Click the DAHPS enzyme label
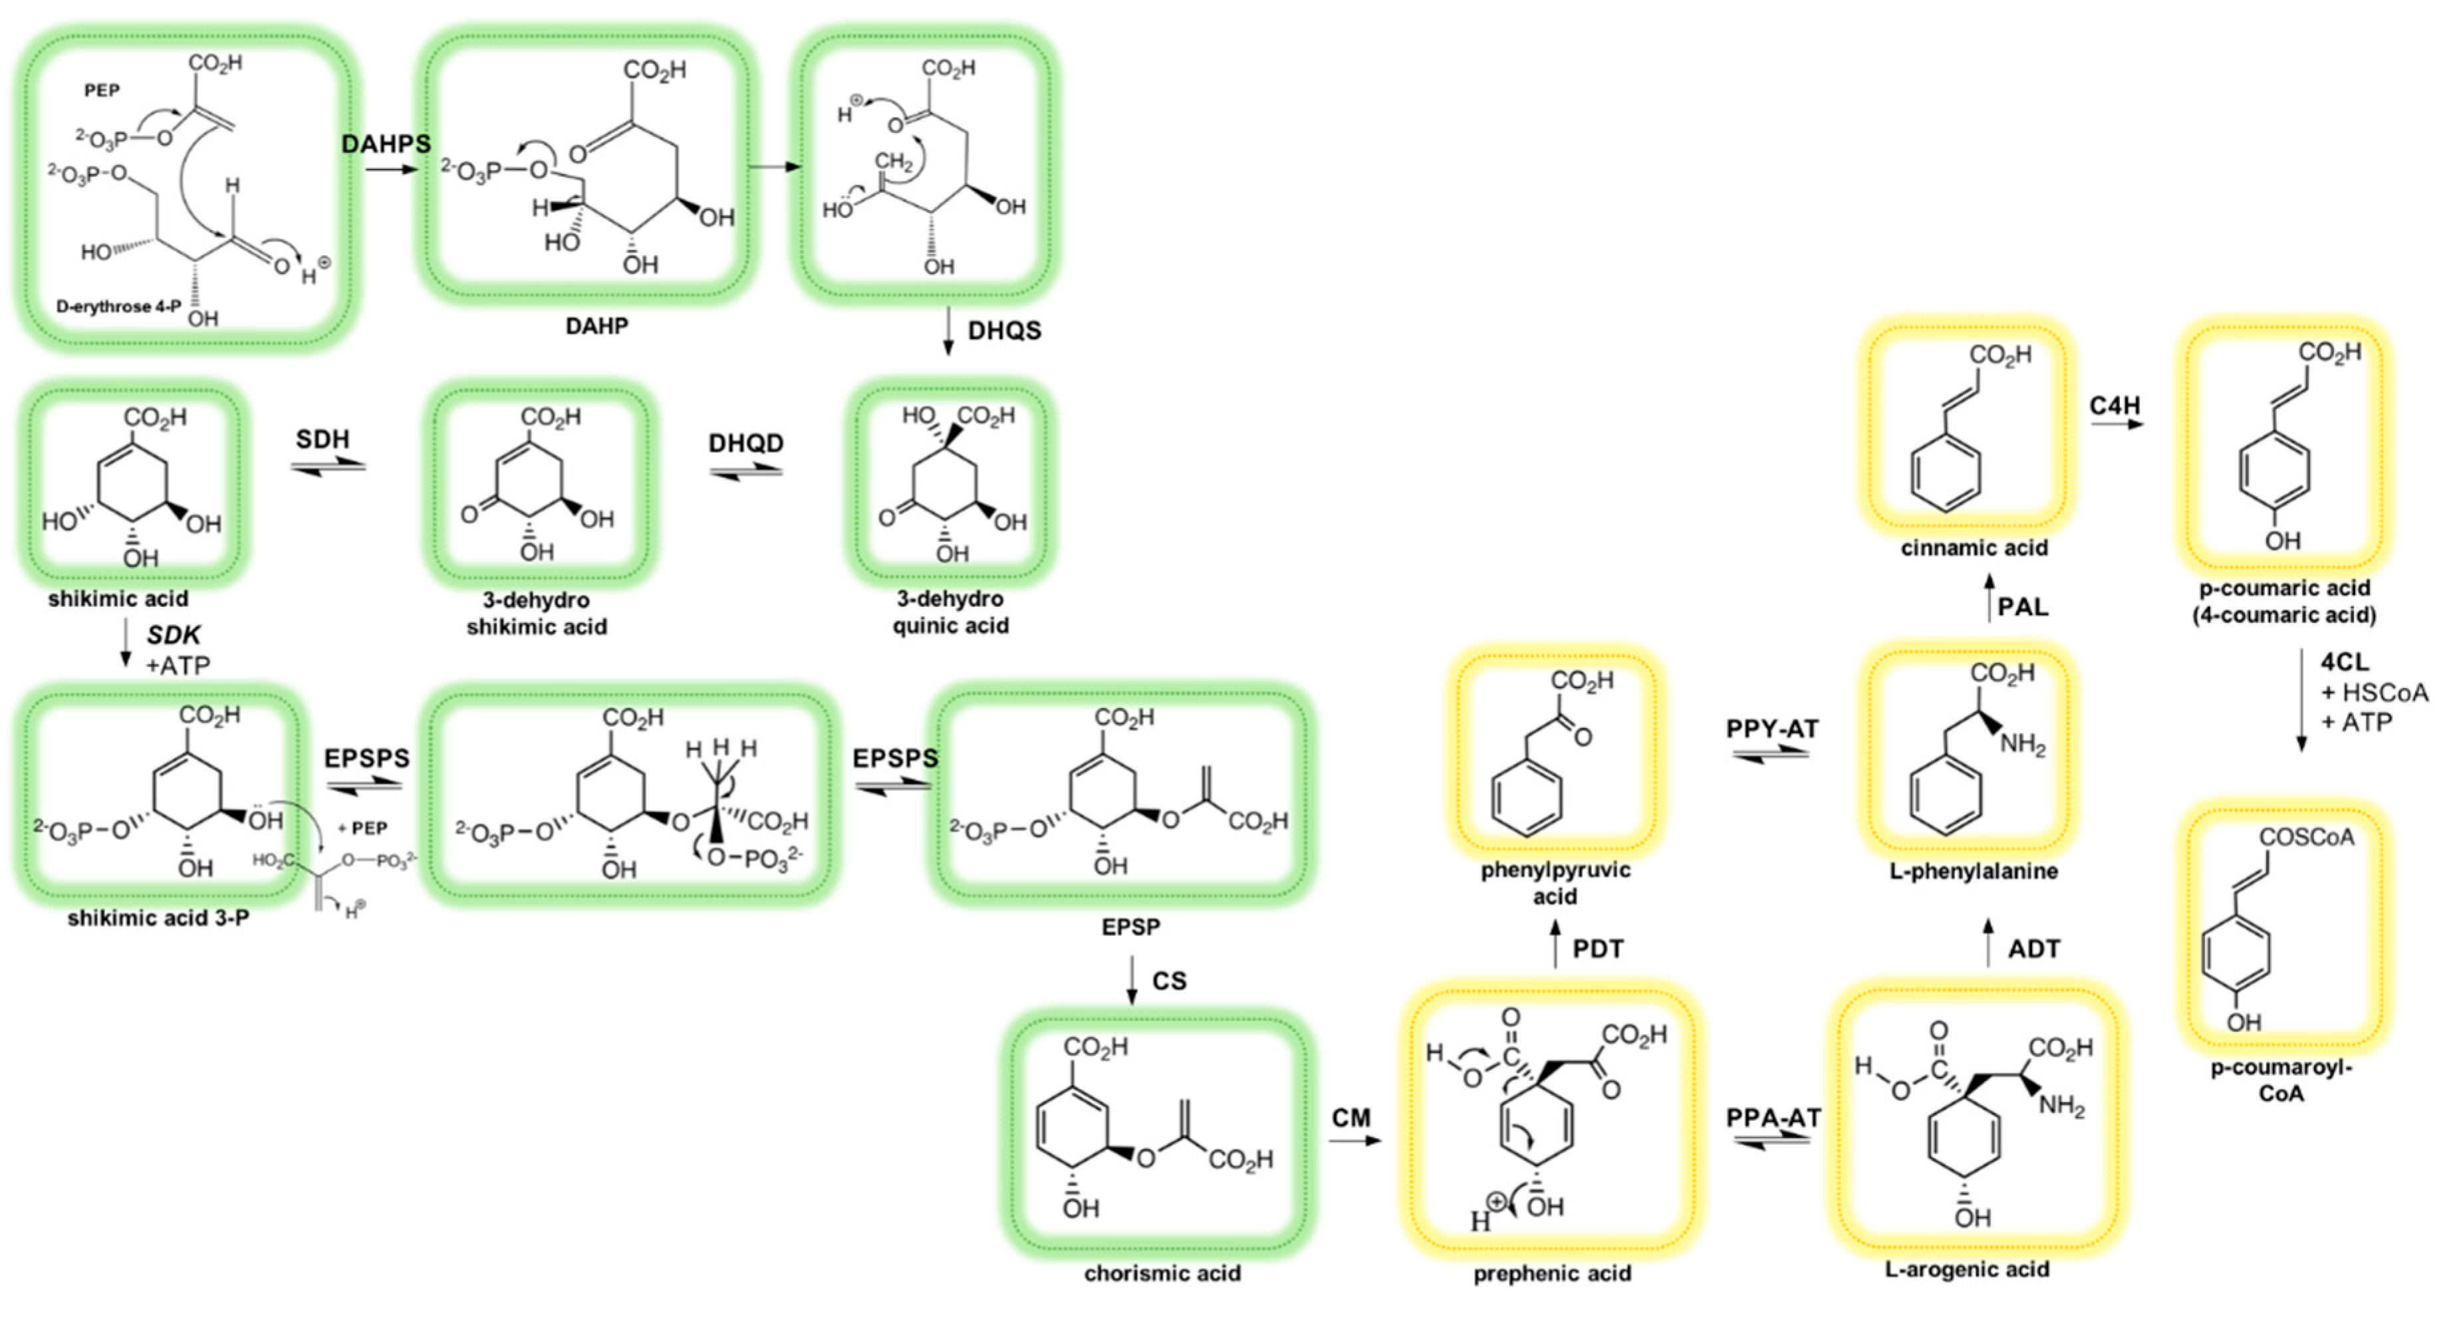[386, 144]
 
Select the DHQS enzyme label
[1004, 330]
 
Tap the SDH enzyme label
[322, 439]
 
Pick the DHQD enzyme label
[746, 443]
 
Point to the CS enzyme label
[1170, 981]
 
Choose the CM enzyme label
[1351, 1118]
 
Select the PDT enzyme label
[1597, 949]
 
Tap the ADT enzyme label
[2033, 949]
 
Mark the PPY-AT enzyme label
[1772, 729]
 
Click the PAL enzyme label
[2022, 606]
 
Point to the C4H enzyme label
[2115, 406]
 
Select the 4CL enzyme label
[2345, 661]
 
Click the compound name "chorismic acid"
[1162, 1273]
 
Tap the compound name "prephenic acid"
[1551, 1273]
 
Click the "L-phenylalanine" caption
[1974, 870]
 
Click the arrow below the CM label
[1354, 1139]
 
